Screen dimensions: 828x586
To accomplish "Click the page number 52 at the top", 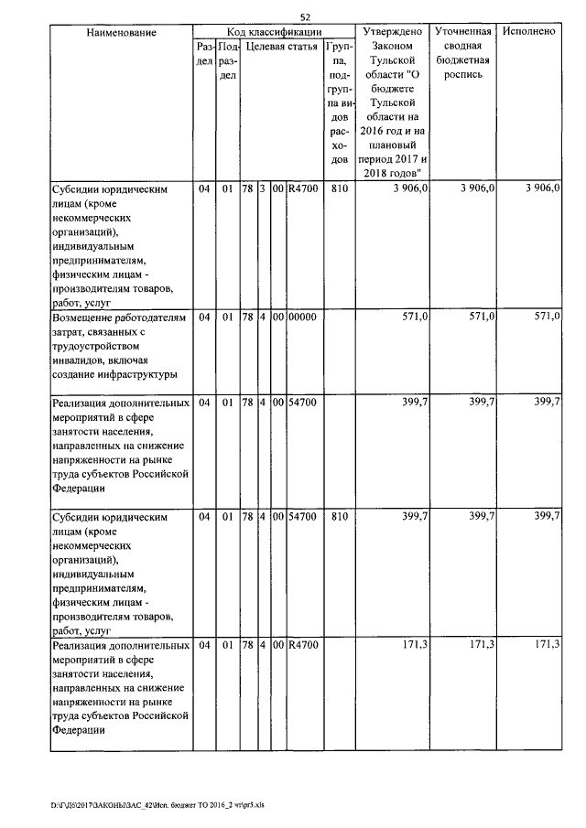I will click(x=305, y=16).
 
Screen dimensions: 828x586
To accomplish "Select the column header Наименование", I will click(x=121, y=32).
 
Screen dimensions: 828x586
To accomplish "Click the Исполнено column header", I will click(x=529, y=32).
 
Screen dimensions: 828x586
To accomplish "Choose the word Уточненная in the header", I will click(x=462, y=32).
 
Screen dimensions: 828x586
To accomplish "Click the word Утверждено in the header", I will click(x=393, y=32).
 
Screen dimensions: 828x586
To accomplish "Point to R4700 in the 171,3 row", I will click(x=302, y=646).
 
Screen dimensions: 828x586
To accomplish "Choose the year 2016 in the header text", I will click(x=375, y=132).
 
